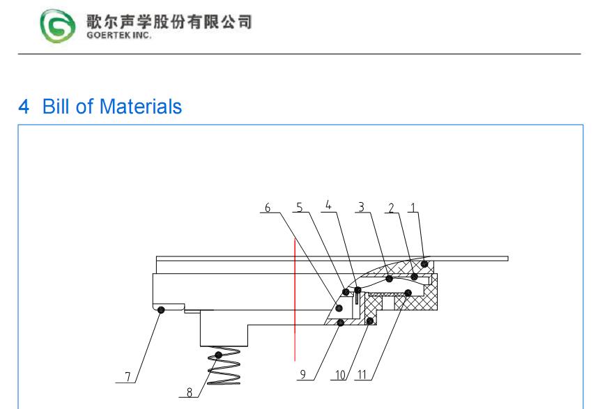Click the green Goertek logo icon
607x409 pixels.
pos(55,26)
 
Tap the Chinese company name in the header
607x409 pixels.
pos(169,21)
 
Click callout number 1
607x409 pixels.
pos(413,207)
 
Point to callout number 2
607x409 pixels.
pos(392,208)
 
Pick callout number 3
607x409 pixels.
pos(361,207)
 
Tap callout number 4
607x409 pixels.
pos(328,206)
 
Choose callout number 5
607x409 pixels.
pos(299,207)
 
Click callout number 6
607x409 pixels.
pos(267,208)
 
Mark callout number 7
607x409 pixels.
pos(128,377)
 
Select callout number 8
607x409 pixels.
pos(189,392)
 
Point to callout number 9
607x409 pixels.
pos(302,375)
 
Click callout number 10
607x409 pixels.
pos(340,376)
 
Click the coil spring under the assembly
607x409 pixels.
pos(225,366)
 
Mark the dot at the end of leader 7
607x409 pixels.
pos(160,310)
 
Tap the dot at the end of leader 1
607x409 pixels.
pos(424,263)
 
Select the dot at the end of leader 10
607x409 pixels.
pos(369,321)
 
